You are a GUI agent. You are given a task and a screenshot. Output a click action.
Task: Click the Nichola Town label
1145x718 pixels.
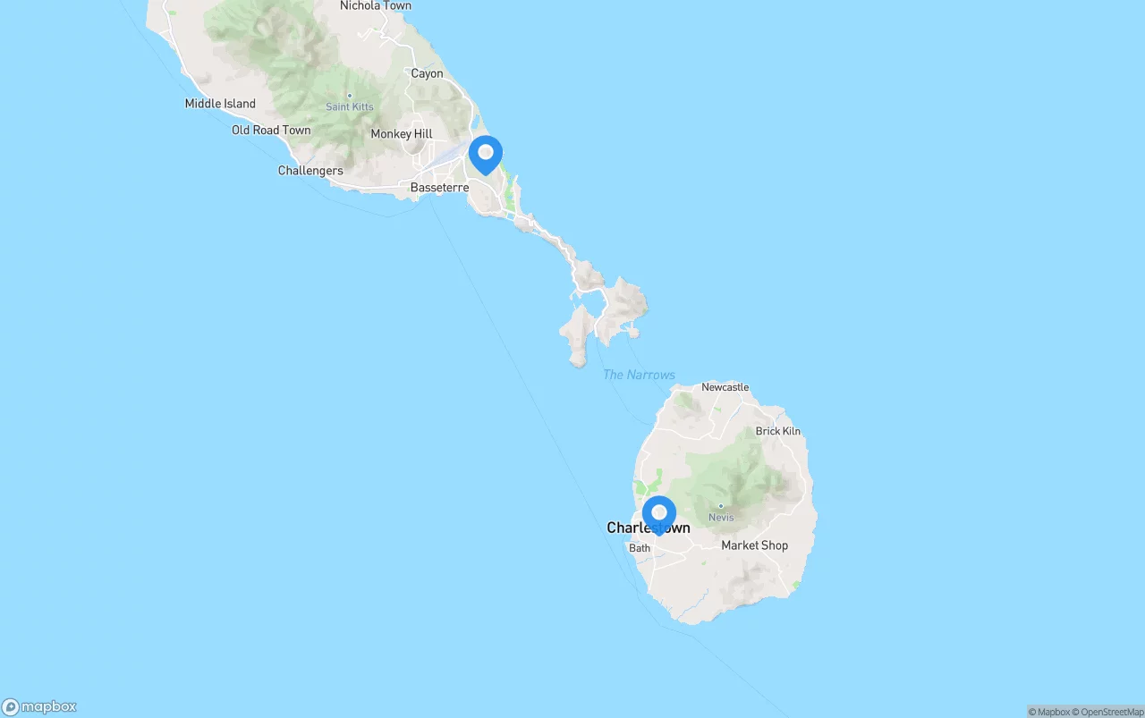coord(376,6)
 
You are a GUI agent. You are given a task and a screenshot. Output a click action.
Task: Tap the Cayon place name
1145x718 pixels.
coord(427,73)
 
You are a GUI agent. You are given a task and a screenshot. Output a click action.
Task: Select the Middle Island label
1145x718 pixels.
coord(220,104)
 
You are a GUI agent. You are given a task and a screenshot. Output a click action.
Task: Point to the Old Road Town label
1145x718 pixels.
coord(271,130)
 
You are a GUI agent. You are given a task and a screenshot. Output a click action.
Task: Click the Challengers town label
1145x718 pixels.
coord(310,171)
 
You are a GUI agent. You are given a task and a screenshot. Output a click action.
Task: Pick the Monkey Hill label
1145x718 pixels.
coord(402,134)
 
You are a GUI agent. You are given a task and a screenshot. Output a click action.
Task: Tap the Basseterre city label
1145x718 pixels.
coord(439,188)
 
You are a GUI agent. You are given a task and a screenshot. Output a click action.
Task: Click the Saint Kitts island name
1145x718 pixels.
coord(350,107)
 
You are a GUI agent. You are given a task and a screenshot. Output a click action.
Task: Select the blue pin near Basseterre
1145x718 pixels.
coord(486,154)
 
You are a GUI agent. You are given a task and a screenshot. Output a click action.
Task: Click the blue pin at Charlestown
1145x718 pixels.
coord(659,514)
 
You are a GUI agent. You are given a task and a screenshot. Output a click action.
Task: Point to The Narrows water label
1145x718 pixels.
coord(639,375)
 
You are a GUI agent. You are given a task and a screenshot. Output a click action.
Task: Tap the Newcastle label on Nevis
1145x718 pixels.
coord(725,387)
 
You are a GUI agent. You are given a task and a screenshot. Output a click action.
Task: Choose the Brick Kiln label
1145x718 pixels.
coord(778,431)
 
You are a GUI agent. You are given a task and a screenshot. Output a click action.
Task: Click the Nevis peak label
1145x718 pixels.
coord(721,518)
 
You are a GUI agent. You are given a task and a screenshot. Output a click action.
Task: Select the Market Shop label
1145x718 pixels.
coord(754,545)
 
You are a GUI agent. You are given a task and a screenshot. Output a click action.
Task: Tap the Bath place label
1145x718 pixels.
coord(640,548)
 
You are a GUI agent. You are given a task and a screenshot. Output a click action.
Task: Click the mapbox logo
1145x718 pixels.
coord(39,707)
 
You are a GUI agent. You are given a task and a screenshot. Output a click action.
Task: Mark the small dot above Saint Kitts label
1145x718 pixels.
coord(350,96)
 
